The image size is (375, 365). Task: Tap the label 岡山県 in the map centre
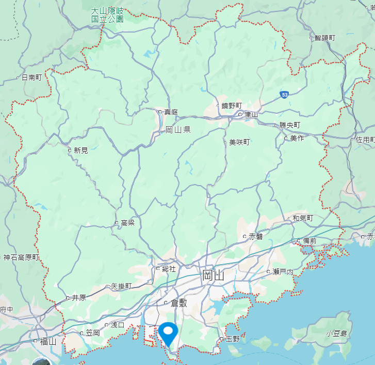tap(178, 129)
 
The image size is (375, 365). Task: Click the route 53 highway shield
tap(285, 95)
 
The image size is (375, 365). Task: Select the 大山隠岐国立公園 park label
tap(107, 14)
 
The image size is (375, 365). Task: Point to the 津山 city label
tap(251, 114)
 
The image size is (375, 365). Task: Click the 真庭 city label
tap(171, 112)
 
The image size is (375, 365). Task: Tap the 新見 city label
tap(81, 150)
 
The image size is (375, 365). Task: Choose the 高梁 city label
tap(127, 223)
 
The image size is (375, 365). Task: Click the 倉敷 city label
tap(178, 302)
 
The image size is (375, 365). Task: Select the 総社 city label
tap(169, 269)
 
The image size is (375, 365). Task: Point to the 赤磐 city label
tap(256, 237)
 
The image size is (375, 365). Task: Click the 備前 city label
tap(310, 241)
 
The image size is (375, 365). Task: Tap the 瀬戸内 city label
tap(283, 272)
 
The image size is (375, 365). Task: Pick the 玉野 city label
tap(233, 340)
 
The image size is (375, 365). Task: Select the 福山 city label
tap(47, 341)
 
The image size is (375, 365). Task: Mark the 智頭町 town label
tap(325, 38)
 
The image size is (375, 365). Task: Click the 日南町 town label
tap(31, 78)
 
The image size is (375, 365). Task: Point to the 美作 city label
tap(297, 138)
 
